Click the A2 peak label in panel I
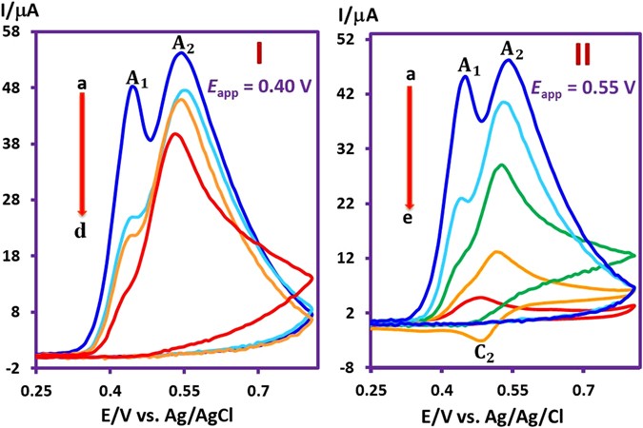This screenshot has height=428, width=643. (x=185, y=42)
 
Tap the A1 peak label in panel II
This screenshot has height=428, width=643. (x=468, y=65)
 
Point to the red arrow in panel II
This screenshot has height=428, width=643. (x=411, y=147)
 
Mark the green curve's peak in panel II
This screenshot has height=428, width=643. (x=501, y=165)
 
